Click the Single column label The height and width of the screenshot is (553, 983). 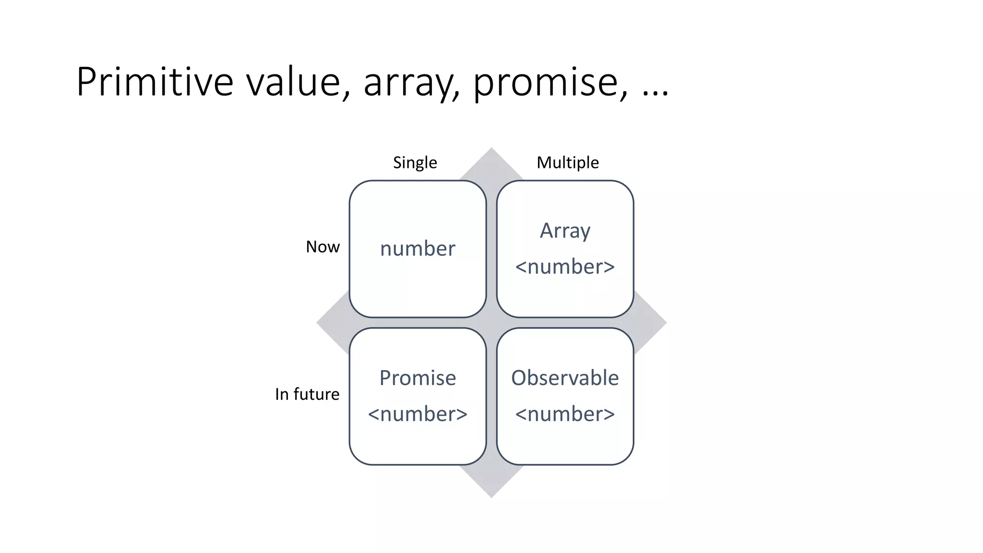(415, 162)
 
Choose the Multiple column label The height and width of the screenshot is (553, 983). (567, 162)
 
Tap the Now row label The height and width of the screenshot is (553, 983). (323, 247)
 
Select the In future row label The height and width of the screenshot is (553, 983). (307, 394)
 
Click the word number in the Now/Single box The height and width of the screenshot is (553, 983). (418, 249)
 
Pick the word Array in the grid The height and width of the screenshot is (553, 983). (565, 231)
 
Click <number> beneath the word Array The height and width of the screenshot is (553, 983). (565, 267)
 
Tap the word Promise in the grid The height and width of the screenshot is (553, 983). (418, 378)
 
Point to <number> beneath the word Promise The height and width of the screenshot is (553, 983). (418, 414)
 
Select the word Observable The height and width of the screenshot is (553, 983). (565, 378)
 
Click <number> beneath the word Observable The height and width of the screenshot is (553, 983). (565, 414)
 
